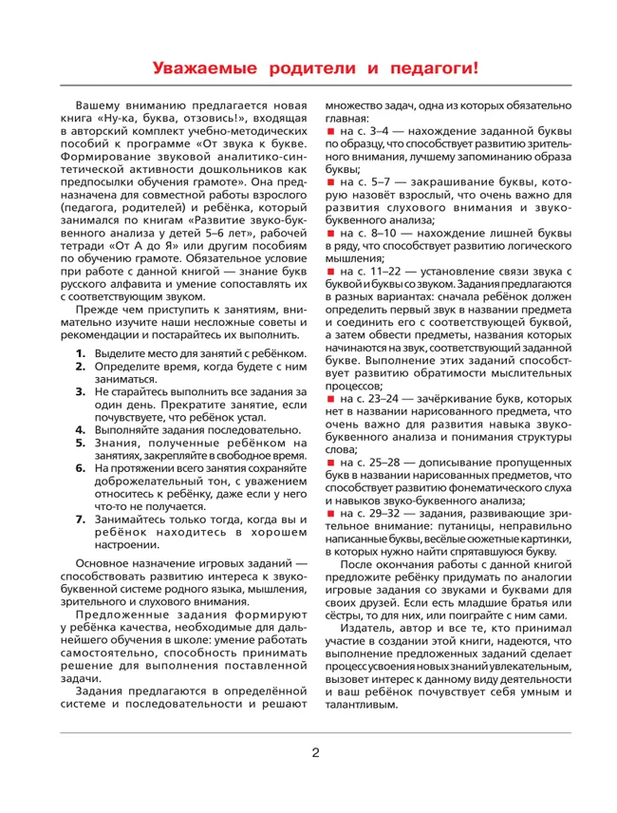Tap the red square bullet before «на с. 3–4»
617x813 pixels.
point(330,129)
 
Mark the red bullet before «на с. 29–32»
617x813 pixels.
point(330,514)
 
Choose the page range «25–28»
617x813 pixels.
point(383,463)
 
